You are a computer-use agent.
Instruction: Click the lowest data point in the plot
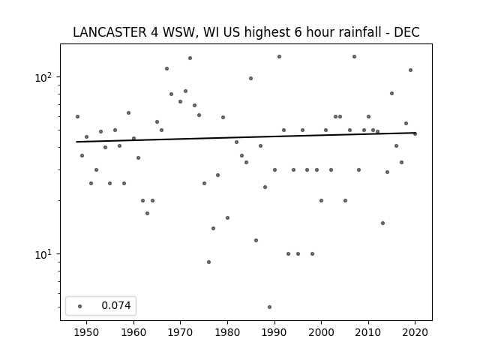coord(269,307)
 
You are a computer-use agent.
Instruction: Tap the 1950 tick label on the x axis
coord(87,332)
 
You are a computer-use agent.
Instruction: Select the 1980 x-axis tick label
coord(227,332)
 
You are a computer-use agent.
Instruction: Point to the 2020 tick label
coord(415,332)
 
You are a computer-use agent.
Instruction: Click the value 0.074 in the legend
coord(116,305)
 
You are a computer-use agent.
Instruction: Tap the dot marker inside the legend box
coord(79,306)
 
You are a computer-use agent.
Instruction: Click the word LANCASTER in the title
coord(110,32)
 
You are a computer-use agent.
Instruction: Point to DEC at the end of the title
coord(406,32)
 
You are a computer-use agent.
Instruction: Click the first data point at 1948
coord(77,117)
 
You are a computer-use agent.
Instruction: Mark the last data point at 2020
coord(415,133)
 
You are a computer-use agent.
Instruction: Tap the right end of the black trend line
coord(415,133)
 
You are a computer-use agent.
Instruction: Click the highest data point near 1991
coord(279,57)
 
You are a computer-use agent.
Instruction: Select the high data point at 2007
coord(354,57)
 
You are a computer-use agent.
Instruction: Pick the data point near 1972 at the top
coord(190,58)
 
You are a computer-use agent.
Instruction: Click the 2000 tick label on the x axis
coord(322,332)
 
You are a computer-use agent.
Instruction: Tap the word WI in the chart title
coord(209,32)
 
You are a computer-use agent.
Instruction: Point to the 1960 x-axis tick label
coord(133,332)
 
